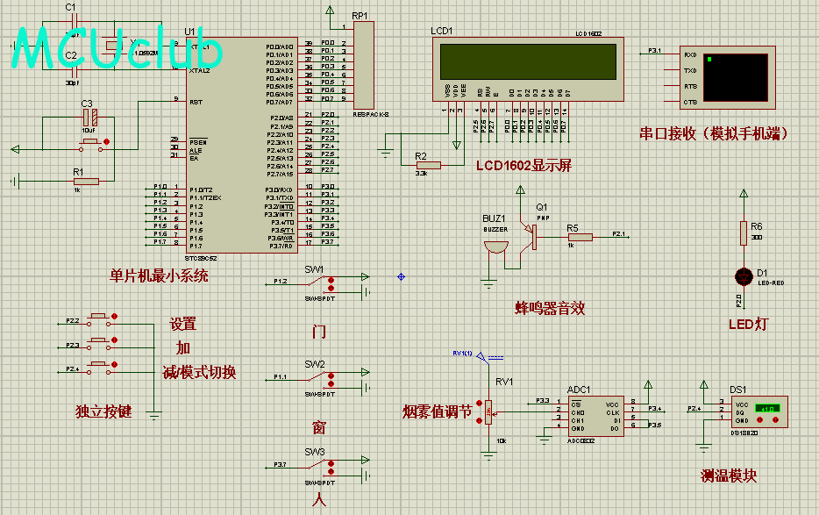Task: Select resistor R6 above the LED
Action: [x=744, y=232]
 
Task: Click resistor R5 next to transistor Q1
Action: [x=580, y=236]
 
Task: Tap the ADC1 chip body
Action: [x=595, y=415]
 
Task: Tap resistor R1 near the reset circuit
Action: [x=86, y=182]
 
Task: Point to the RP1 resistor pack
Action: [x=363, y=66]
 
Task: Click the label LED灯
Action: [x=747, y=325]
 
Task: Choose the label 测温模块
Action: [x=728, y=476]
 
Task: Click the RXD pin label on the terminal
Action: [x=690, y=54]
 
